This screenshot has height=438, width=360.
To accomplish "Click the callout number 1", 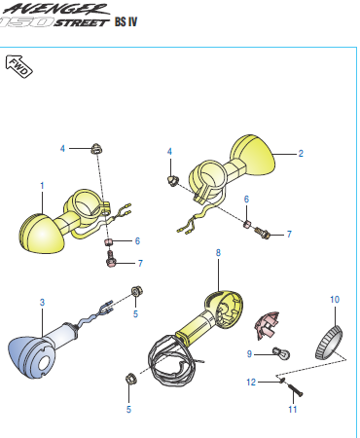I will pyautogui.click(x=42, y=184).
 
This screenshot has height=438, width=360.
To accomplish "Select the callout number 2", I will pyautogui.click(x=301, y=154).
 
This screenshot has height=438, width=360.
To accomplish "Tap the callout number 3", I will pyautogui.click(x=42, y=303).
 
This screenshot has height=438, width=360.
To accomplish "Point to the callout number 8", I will pyautogui.click(x=219, y=252).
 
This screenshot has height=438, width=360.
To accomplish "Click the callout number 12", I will pyautogui.click(x=250, y=383).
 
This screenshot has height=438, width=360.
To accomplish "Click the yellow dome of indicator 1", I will pyautogui.click(x=40, y=232).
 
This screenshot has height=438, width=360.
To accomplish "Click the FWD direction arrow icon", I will pyautogui.click(x=20, y=67).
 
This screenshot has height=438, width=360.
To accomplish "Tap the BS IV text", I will pyautogui.click(x=126, y=21).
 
